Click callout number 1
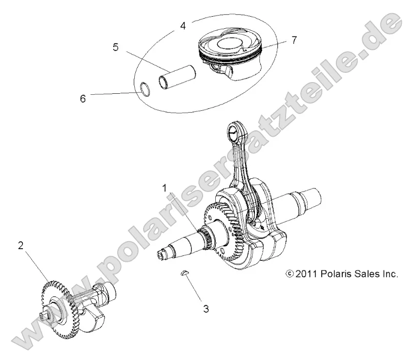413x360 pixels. pyautogui.click(x=165, y=188)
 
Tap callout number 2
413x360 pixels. pyautogui.click(x=21, y=246)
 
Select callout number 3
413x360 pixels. pyautogui.click(x=206, y=309)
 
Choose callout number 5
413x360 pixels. pyautogui.click(x=115, y=47)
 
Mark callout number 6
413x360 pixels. pyautogui.click(x=83, y=98)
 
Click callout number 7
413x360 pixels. pyautogui.click(x=293, y=40)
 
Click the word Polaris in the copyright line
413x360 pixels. pyautogui.click(x=337, y=274)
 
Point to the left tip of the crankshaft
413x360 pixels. pyautogui.click(x=162, y=254)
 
